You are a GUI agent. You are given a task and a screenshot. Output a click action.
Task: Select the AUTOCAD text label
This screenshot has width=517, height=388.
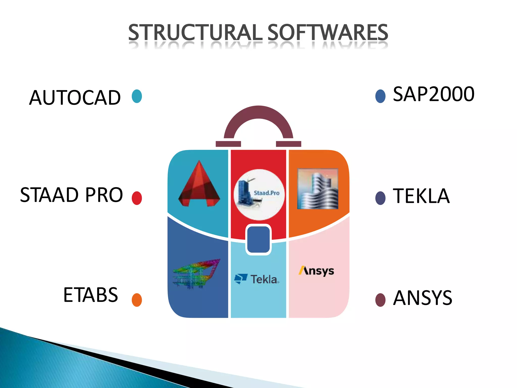pyautogui.click(x=75, y=98)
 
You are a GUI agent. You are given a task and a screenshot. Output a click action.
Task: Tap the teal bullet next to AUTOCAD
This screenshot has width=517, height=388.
pyautogui.click(x=137, y=96)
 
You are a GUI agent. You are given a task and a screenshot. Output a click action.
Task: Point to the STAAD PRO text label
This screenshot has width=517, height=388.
pyautogui.click(x=71, y=195)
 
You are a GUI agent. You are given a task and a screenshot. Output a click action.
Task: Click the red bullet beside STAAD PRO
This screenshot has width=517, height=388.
pyautogui.click(x=137, y=198)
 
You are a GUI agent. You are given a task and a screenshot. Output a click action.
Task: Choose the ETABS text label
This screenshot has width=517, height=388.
pyautogui.click(x=91, y=295)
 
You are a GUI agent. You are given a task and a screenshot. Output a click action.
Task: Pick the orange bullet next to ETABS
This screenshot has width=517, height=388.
pyautogui.click(x=137, y=300)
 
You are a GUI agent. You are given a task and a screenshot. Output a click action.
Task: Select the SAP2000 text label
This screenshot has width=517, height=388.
pyautogui.click(x=434, y=94)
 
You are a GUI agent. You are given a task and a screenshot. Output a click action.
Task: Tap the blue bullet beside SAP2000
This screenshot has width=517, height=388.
pyautogui.click(x=380, y=96)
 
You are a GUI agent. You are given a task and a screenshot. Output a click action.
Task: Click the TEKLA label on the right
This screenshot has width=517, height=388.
pyautogui.click(x=421, y=196)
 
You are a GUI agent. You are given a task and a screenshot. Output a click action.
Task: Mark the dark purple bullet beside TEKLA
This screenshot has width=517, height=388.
pyautogui.click(x=380, y=198)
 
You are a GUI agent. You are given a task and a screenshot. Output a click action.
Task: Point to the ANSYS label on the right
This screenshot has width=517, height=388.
pyautogui.click(x=423, y=298)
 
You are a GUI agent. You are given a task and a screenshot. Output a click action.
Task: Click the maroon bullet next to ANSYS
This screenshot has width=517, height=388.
pyautogui.click(x=380, y=300)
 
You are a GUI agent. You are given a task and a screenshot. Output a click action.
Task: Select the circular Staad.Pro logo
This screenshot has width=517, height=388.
pyautogui.click(x=259, y=195)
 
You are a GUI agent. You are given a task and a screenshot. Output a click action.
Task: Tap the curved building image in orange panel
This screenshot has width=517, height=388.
pyautogui.click(x=318, y=189)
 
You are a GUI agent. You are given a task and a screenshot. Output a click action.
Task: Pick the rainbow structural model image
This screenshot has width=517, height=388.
pyautogui.click(x=196, y=274)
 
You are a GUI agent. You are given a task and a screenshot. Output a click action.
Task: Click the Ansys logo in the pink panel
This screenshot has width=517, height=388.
pyautogui.click(x=316, y=271)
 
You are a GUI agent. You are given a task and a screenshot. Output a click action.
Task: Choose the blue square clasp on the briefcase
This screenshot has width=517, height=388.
pyautogui.click(x=258, y=239)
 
